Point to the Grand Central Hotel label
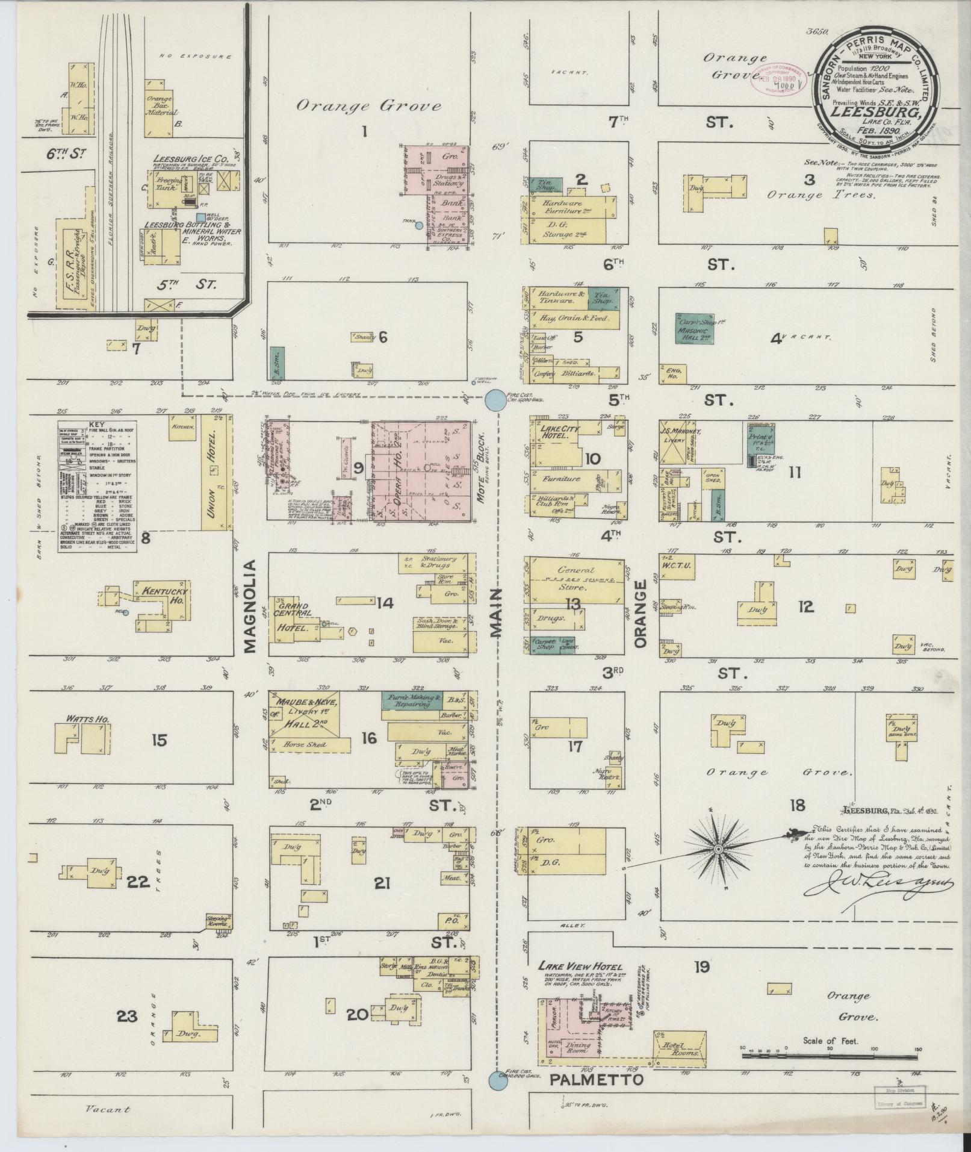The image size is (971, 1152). click(293, 615)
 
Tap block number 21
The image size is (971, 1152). click(382, 883)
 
